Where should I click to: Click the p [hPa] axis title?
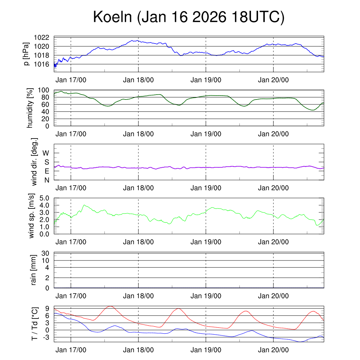coord(27,54)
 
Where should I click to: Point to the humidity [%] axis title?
coord(31,108)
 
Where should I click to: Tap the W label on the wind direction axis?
coord(46,153)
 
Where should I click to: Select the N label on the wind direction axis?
coord(47,180)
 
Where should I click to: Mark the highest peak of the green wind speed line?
coord(84,205)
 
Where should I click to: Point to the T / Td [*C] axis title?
coord(34,323)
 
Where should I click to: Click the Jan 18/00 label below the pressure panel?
coord(138,80)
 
